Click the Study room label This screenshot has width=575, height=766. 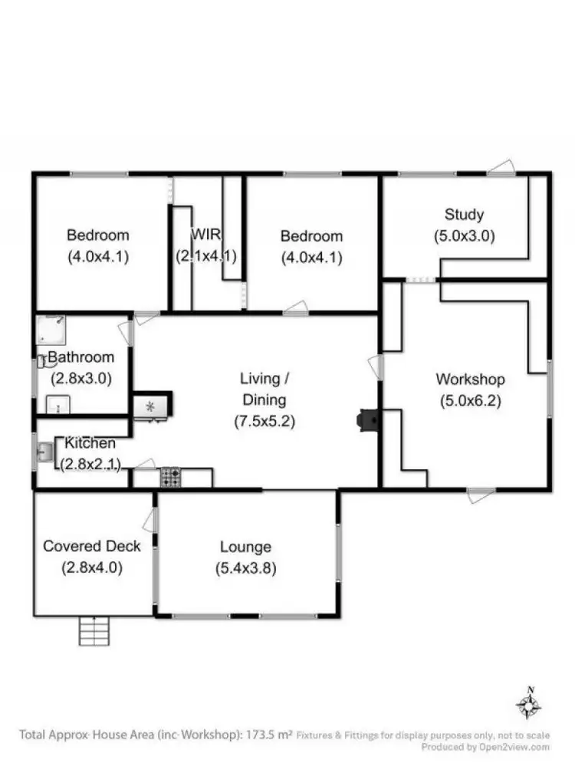(464, 214)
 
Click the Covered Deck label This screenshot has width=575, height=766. (92, 546)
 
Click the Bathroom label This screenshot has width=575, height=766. (81, 357)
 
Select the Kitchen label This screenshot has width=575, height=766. (90, 443)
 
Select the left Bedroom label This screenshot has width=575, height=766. (97, 235)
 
